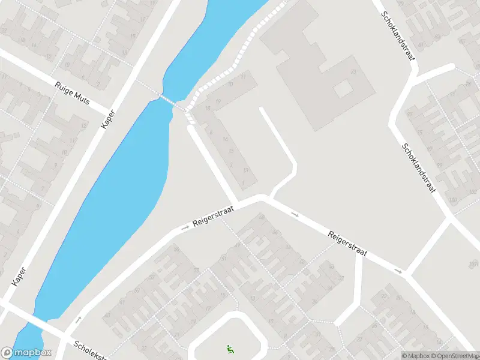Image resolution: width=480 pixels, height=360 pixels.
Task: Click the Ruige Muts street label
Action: pyautogui.click(x=71, y=93)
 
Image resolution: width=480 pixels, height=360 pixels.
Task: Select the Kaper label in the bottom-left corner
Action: pyautogui.click(x=20, y=275)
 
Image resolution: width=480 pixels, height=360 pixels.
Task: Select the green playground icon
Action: pyautogui.click(x=229, y=348)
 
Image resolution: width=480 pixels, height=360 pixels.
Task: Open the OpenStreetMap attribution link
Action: pyautogui.click(x=455, y=356)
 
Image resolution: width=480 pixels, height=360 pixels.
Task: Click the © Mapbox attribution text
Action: pyautogui.click(x=415, y=356)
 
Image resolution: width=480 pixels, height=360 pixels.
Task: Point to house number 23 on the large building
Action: pyautogui.click(x=354, y=73)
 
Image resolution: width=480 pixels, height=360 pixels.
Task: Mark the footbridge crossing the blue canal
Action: pyautogui.click(x=170, y=101)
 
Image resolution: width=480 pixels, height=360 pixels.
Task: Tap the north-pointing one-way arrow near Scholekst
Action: pyautogui.click(x=79, y=319)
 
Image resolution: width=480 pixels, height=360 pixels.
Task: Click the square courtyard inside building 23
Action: pyautogui.click(x=343, y=89)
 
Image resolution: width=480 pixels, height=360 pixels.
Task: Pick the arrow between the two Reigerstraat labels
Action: pyautogui.click(x=295, y=214)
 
